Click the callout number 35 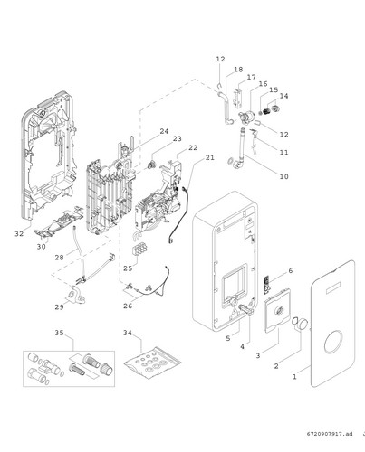59,333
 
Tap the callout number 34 128,333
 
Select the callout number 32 19,233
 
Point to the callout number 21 210,157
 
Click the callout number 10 283,176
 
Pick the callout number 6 291,270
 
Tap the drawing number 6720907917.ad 330,434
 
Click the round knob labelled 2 303,324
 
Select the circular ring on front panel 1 333,342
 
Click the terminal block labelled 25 139,249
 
